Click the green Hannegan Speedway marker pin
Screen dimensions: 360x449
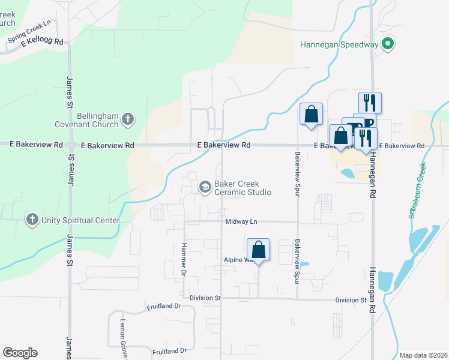tap(388, 44)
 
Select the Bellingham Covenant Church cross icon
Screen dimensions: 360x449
tap(127, 119)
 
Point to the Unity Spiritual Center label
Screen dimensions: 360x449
tap(80, 220)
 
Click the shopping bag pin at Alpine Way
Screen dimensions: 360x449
tap(258, 250)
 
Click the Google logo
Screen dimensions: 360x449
tap(20, 353)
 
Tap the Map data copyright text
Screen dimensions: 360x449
tap(423, 355)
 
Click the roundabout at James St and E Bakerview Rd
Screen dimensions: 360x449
tap(71, 145)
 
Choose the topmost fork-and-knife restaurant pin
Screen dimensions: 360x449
tap(370, 101)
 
